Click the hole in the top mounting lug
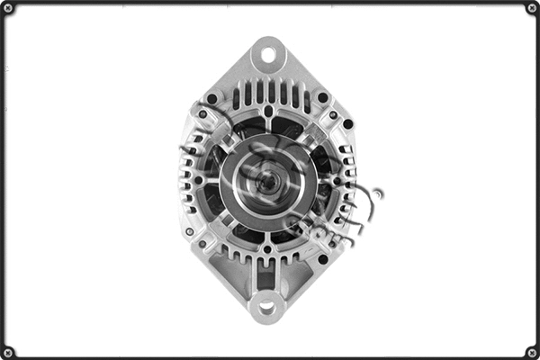click(x=267, y=55)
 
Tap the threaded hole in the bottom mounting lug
click(x=266, y=309)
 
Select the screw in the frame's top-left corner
click(x=8, y=9)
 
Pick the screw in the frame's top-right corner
click(x=531, y=9)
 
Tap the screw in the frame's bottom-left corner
click(x=8, y=351)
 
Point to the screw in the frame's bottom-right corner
click(x=531, y=351)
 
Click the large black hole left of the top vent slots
click(x=212, y=98)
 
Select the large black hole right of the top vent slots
click(x=322, y=97)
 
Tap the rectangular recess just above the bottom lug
click(x=266, y=281)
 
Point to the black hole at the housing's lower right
click(x=322, y=259)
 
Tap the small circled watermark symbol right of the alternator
click(x=378, y=193)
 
